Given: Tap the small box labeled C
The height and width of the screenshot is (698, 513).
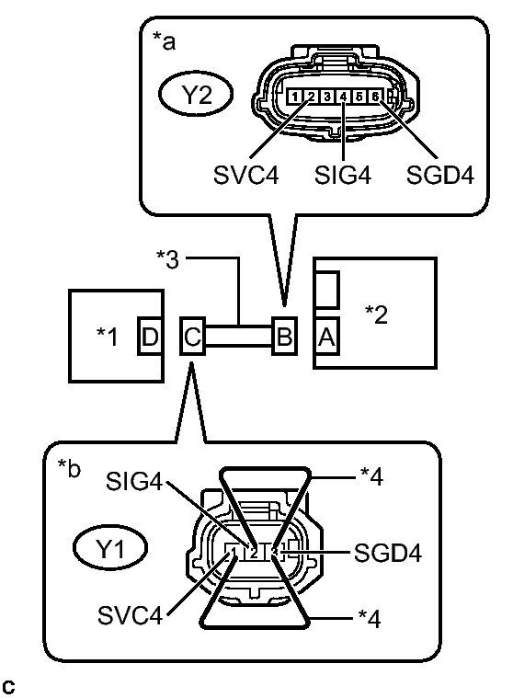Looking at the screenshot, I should (191, 336).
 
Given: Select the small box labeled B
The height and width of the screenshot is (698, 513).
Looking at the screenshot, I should (284, 336).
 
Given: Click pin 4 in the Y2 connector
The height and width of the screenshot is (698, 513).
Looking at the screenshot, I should (343, 96).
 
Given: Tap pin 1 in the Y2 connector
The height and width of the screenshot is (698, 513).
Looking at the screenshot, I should (291, 96).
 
